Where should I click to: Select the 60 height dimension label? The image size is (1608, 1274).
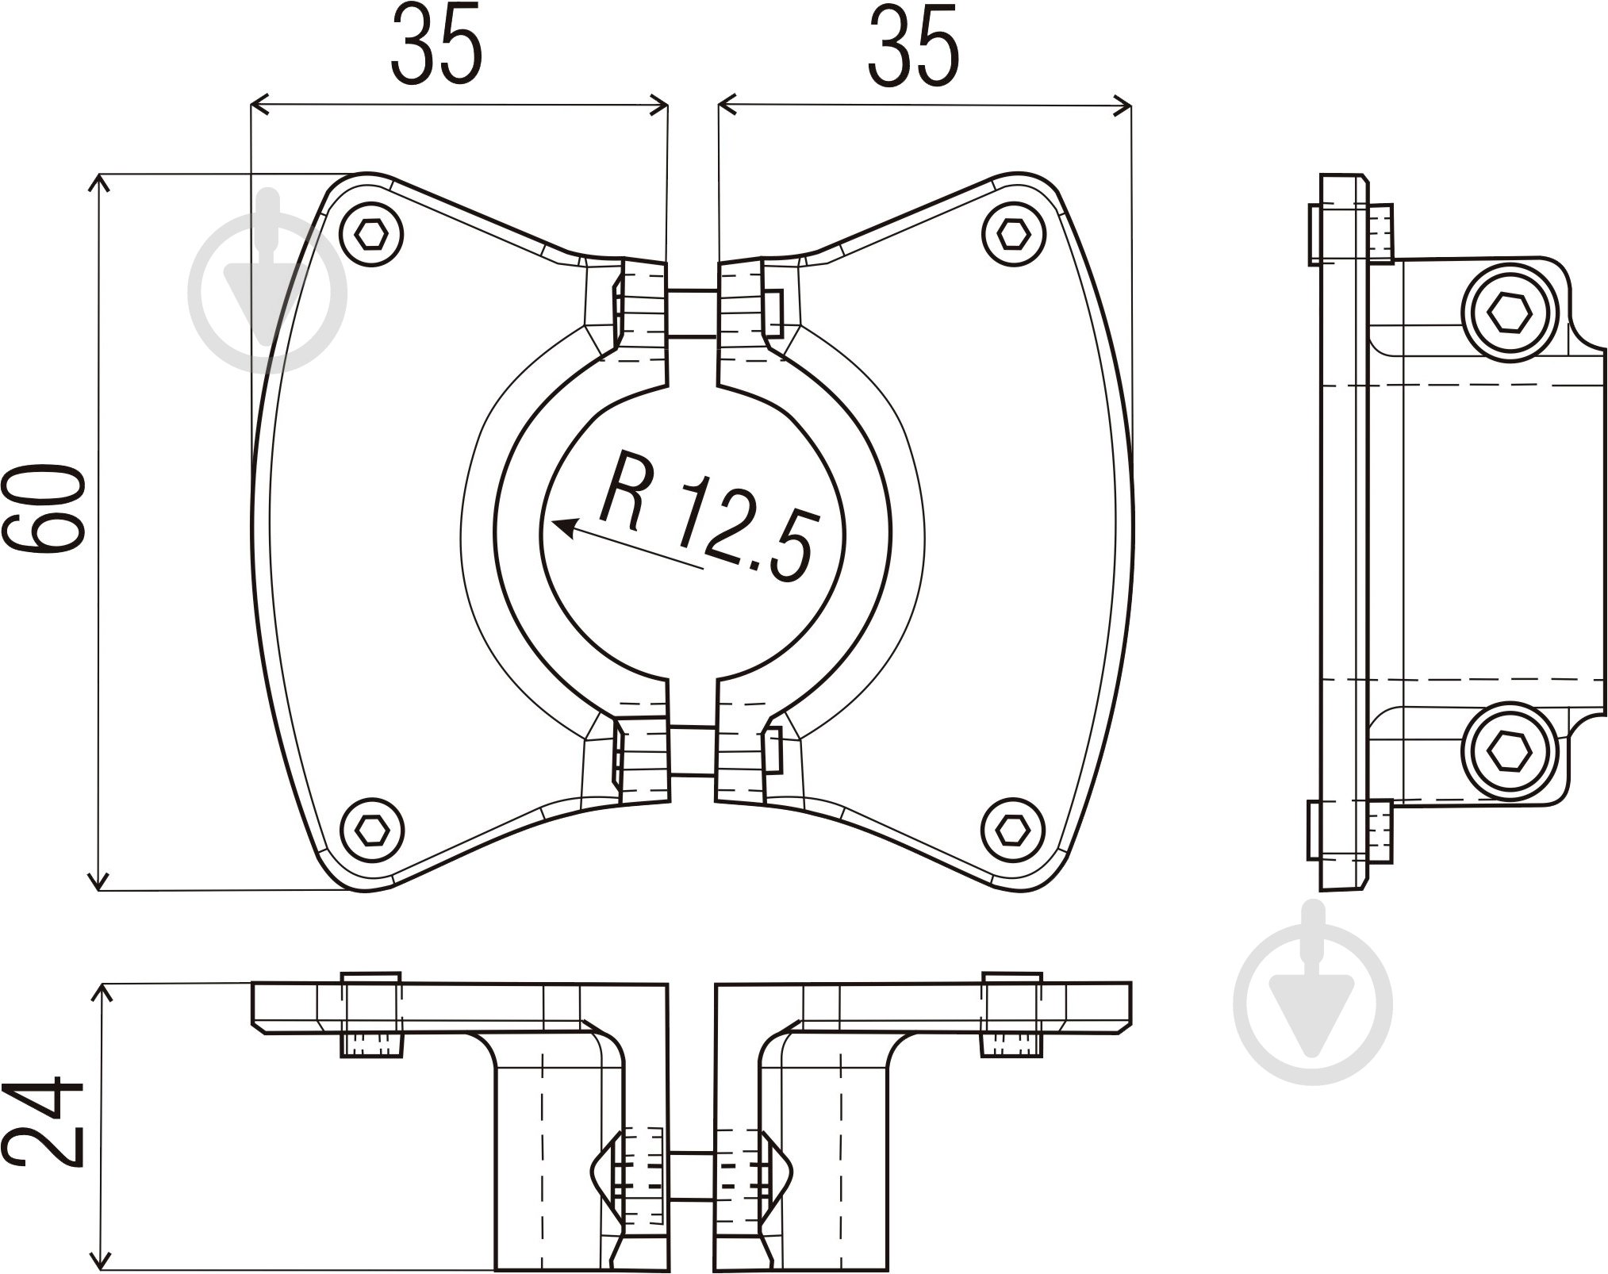tap(44, 508)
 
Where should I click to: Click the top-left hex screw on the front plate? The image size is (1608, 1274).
tap(370, 234)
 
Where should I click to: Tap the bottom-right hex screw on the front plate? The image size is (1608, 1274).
tap(1011, 830)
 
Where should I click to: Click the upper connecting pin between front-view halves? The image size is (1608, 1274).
tap(692, 313)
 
